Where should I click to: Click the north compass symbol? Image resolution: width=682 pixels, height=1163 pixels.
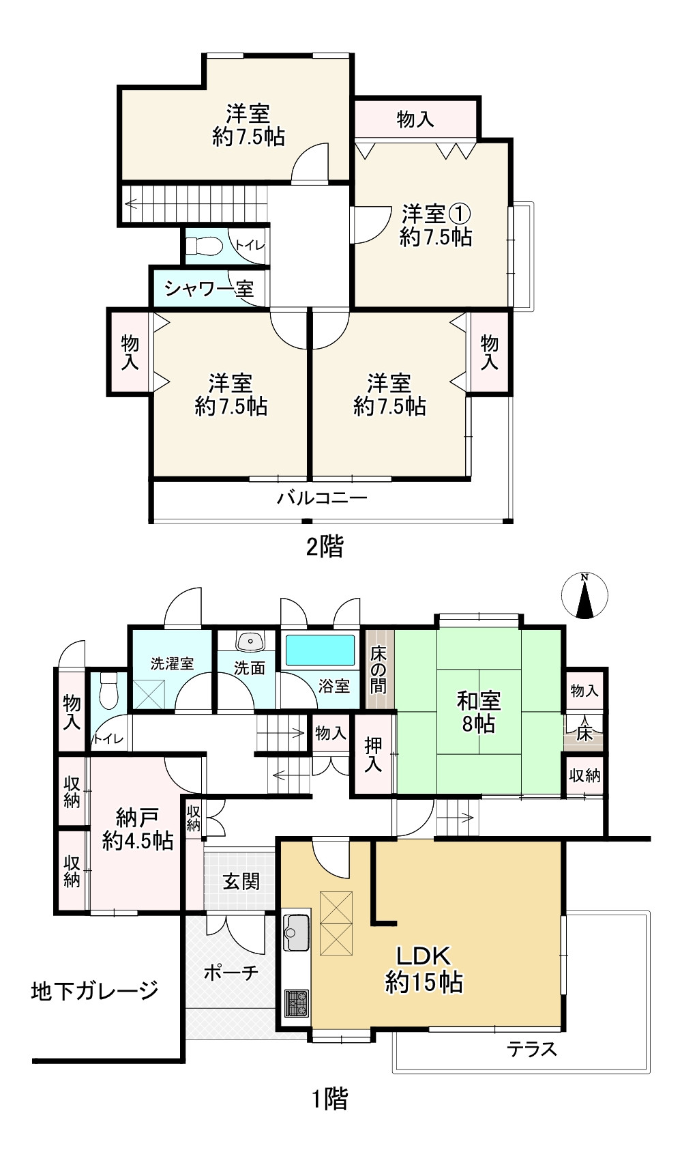click(x=584, y=596)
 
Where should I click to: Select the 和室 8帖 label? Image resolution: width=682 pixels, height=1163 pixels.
click(x=478, y=712)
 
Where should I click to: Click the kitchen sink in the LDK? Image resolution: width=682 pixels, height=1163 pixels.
click(x=296, y=932)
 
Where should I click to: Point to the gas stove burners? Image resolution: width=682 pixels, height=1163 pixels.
click(x=296, y=1003)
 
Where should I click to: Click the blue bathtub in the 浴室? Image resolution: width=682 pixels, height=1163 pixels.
click(x=320, y=650)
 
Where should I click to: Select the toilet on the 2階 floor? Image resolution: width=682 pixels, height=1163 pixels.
click(x=205, y=246)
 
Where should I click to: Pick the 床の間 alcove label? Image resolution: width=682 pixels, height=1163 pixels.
click(x=378, y=670)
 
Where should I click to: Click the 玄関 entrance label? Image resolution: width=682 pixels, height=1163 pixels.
click(x=241, y=881)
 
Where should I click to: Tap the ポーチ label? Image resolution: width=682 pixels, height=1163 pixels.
click(x=231, y=972)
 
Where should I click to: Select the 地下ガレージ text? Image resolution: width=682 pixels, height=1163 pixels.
click(x=95, y=990)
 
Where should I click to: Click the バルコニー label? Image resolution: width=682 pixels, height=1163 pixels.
click(x=322, y=498)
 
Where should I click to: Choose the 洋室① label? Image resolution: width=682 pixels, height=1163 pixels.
click(x=436, y=213)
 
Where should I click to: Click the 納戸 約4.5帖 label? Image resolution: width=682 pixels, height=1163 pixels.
click(x=138, y=829)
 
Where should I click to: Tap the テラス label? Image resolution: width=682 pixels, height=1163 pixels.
click(x=532, y=1049)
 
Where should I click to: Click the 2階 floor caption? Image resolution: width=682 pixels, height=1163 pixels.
click(x=325, y=547)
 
